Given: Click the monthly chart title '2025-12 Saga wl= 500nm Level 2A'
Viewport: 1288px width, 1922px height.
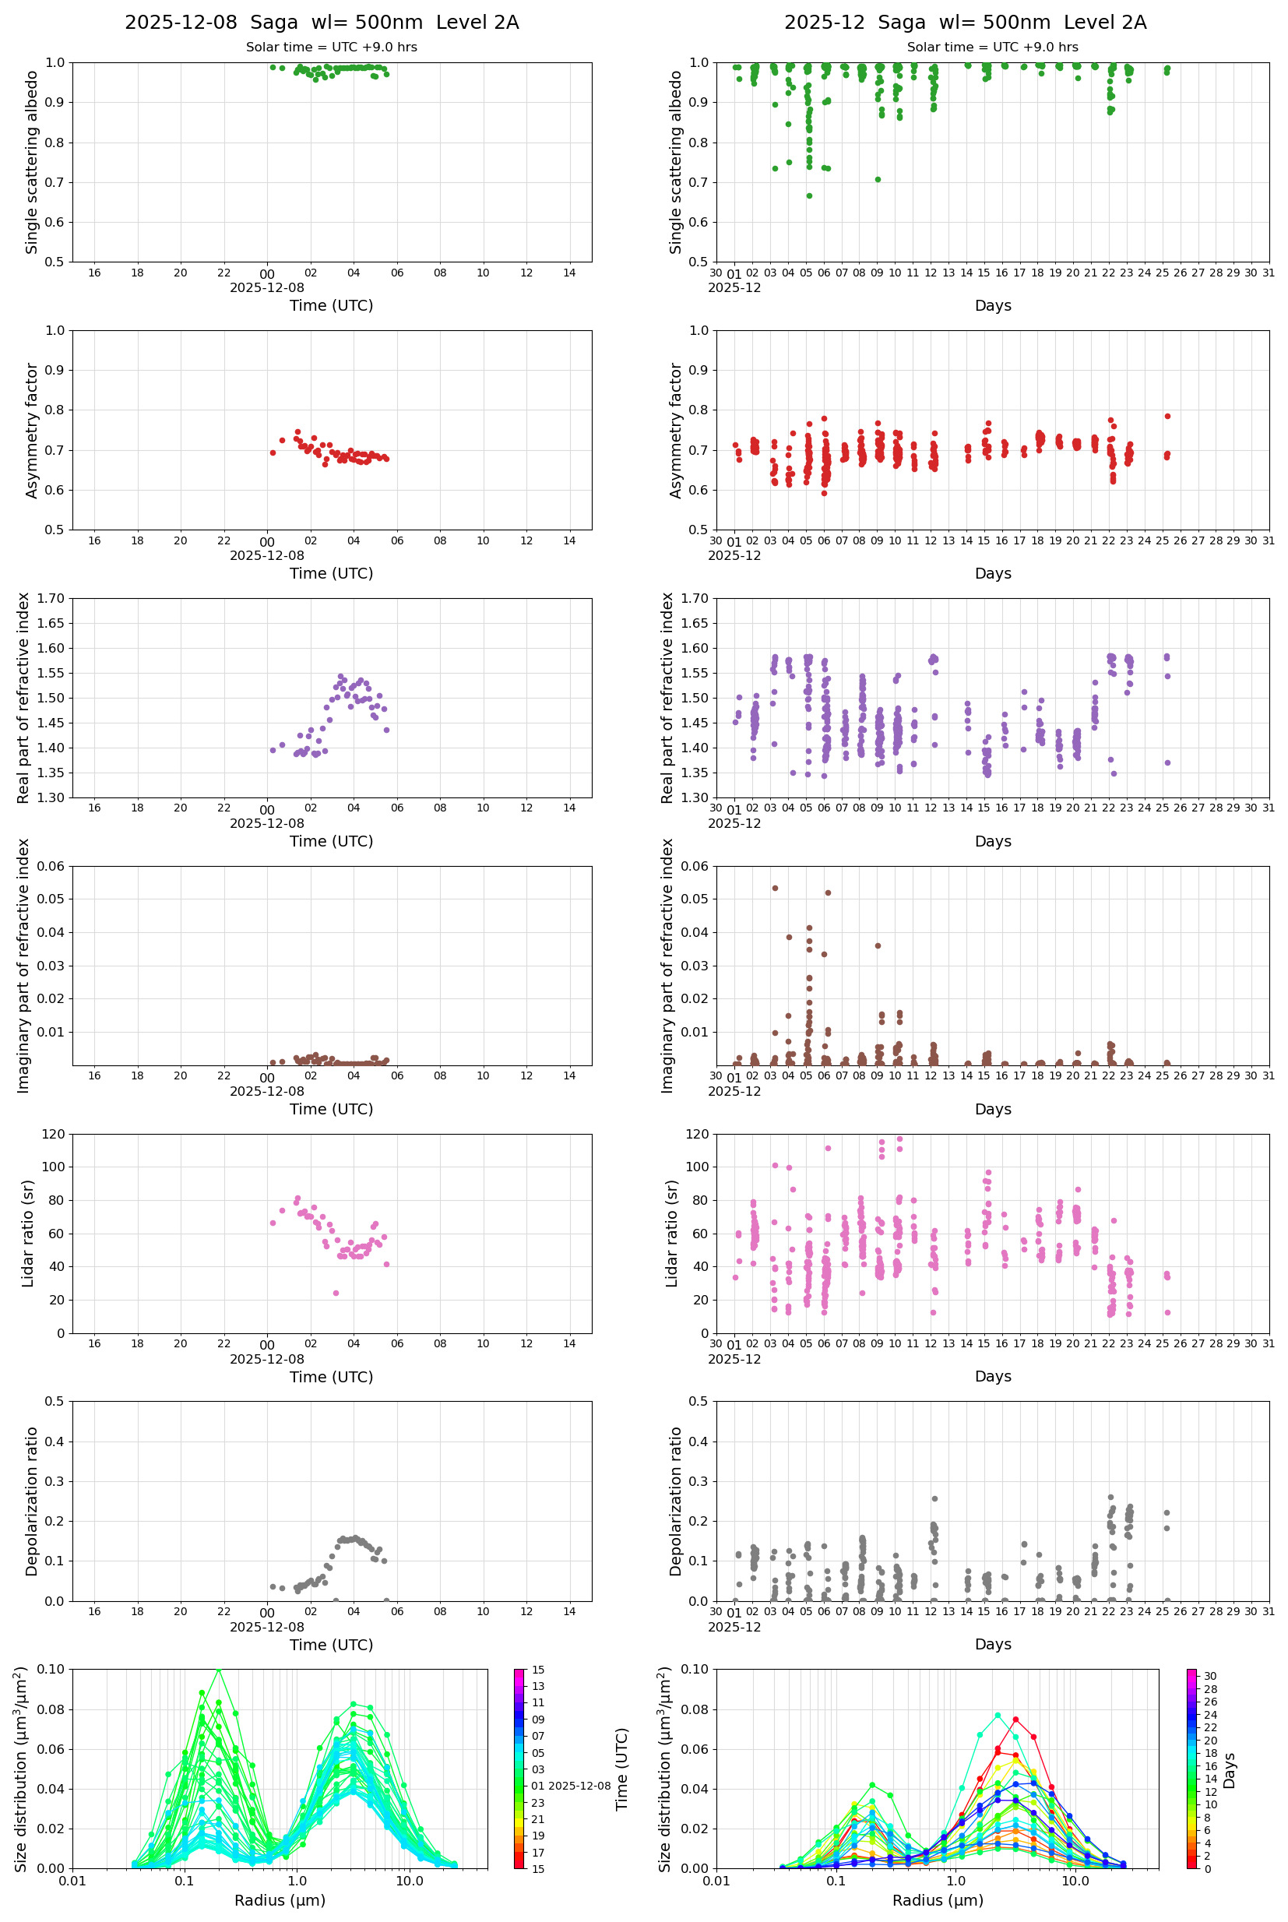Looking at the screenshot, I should pyautogui.click(x=964, y=22).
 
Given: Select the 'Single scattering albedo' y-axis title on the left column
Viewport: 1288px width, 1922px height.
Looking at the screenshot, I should pyautogui.click(x=32, y=162).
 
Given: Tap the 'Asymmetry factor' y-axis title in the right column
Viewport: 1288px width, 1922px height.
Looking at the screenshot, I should pyautogui.click(x=676, y=431).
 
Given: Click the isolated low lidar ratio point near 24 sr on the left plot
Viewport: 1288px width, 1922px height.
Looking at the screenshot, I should pyautogui.click(x=335, y=1293).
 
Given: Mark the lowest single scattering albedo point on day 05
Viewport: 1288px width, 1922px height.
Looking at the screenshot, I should pyautogui.click(x=809, y=195).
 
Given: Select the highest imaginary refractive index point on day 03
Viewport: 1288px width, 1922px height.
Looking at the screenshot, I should pyautogui.click(x=775, y=888).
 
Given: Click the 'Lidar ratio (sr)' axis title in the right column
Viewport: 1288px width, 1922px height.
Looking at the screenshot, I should pyautogui.click(x=673, y=1233).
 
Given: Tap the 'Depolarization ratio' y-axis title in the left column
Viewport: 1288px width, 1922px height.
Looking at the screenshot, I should pyautogui.click(x=32, y=1501).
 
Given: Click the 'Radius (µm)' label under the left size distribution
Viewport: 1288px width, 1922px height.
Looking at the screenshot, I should pyautogui.click(x=280, y=1900).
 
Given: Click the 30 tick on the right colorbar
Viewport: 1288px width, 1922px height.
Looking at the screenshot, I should pyautogui.click(x=1210, y=1676).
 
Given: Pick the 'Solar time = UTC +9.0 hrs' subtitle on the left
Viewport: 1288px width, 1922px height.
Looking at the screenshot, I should pyautogui.click(x=331, y=47).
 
